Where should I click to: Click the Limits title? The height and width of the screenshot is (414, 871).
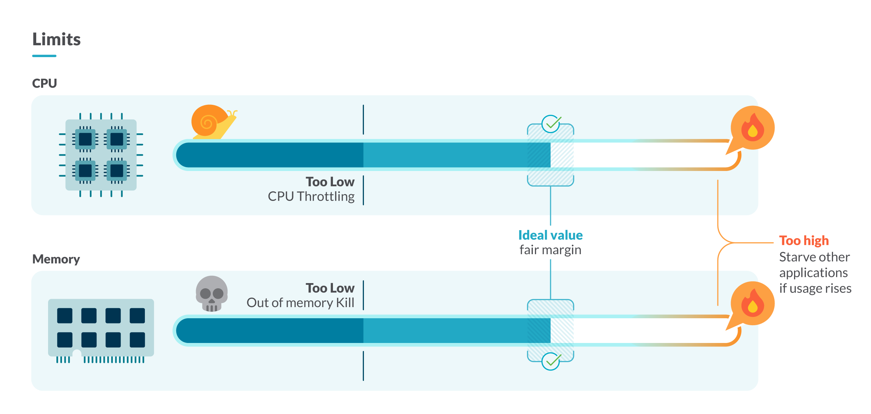click(x=56, y=39)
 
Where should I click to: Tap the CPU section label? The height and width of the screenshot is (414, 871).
click(x=44, y=84)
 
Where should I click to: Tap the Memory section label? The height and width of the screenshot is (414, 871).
click(x=56, y=259)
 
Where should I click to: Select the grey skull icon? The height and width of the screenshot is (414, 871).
click(x=212, y=294)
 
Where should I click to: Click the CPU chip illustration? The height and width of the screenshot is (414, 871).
click(x=101, y=155)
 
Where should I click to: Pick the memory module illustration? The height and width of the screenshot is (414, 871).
click(x=101, y=329)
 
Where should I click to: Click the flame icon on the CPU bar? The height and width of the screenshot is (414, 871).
click(x=752, y=128)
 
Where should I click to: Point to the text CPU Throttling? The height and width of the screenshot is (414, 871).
click(x=311, y=197)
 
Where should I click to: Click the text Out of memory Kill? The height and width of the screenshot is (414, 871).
click(x=300, y=303)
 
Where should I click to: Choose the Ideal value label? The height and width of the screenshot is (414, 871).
click(x=550, y=235)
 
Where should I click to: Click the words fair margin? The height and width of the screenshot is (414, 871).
click(x=550, y=250)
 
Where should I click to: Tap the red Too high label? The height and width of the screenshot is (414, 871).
click(x=804, y=241)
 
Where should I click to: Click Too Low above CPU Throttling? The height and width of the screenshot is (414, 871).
click(x=330, y=182)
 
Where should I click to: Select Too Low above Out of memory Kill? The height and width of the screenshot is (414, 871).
click(x=330, y=288)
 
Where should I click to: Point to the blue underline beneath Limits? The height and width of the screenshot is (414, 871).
click(x=44, y=56)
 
